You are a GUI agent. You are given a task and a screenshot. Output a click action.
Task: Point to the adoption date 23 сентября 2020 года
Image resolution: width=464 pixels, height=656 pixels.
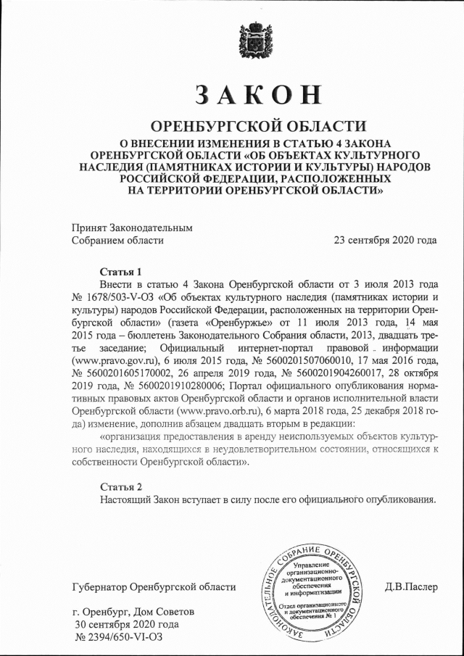pos(385,240)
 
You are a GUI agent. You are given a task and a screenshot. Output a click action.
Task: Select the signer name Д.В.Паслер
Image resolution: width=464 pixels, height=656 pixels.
pos(411,586)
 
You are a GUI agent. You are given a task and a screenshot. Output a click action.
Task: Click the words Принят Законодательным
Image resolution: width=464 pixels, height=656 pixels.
pos(133,227)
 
